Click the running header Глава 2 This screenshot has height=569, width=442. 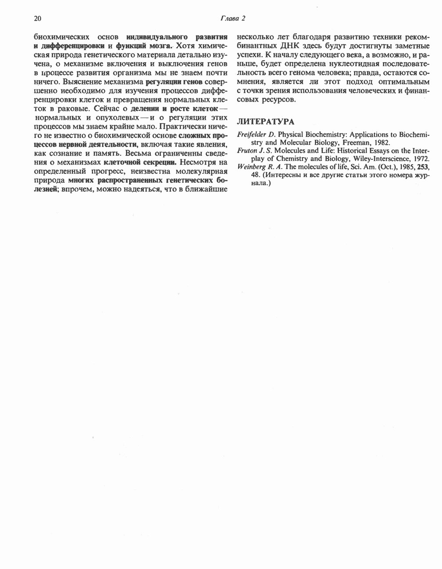click(x=232, y=18)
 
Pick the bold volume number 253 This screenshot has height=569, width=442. click(x=424, y=167)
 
